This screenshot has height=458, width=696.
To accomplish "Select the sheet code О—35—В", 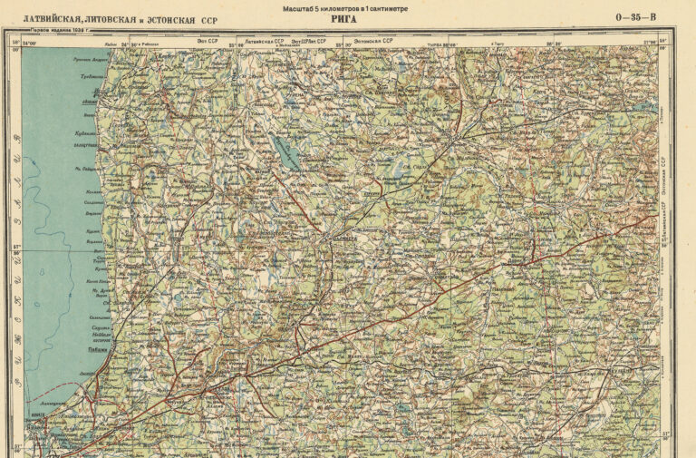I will point(639,17).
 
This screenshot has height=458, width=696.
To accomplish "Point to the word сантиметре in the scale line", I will point(384,8).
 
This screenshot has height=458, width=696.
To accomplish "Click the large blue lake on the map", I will point(288,152).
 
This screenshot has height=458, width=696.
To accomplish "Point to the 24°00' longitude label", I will point(33,41).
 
